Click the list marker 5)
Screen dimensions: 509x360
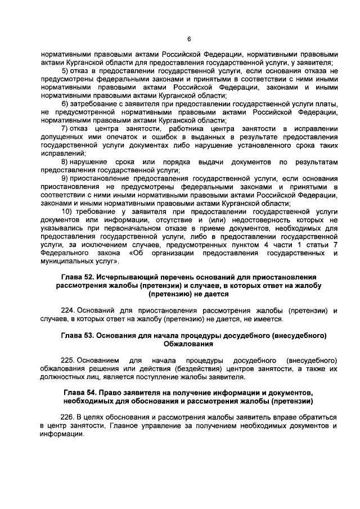coord(66,71)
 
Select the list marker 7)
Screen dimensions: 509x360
coord(66,129)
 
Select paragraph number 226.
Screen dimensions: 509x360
coord(67,417)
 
